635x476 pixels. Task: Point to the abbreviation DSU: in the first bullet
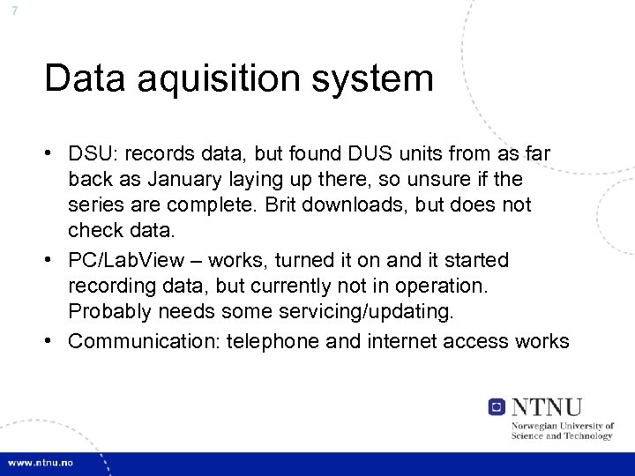click(x=93, y=155)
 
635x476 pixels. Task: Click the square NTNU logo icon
click(x=497, y=407)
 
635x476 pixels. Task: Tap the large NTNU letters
click(x=547, y=406)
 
